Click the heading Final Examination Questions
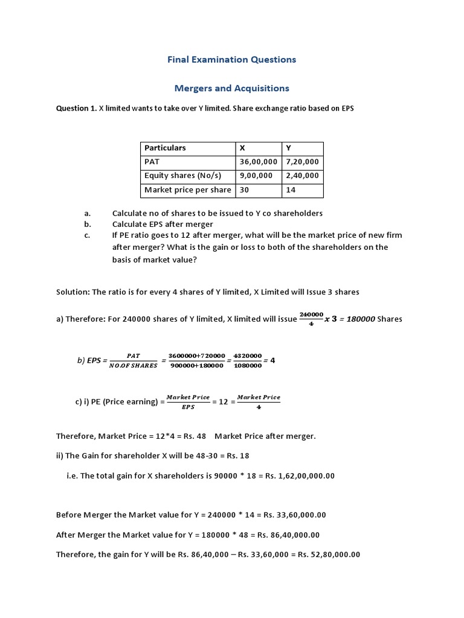tap(231, 59)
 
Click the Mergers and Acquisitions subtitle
tap(231, 88)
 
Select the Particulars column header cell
tap(165, 148)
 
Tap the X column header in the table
tap(242, 148)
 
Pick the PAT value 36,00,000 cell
tap(258, 162)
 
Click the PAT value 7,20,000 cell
tap(302, 162)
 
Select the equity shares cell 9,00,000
tap(256, 176)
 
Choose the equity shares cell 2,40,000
tap(302, 176)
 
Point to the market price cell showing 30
tap(245, 190)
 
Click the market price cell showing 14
tap(291, 190)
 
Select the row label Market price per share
tap(187, 190)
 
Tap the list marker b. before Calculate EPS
tap(88, 224)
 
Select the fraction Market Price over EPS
tap(188, 402)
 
